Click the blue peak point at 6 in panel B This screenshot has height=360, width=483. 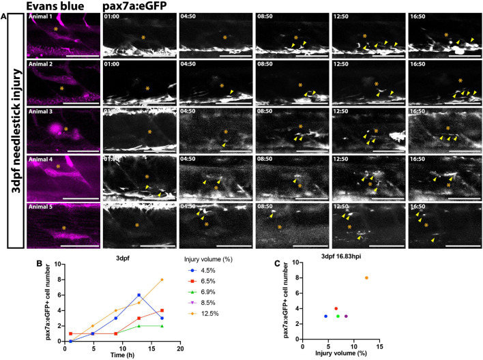click(138, 295)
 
